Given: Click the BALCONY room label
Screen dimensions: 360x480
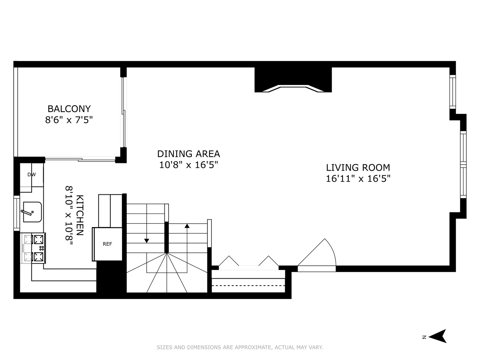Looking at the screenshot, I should (69, 109).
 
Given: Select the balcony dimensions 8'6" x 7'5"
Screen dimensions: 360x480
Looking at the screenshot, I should (69, 120).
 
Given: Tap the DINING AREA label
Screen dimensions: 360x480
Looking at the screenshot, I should (188, 154).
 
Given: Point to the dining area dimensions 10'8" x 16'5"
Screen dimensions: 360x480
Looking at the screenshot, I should (188, 165).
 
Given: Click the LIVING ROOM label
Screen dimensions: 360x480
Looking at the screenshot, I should (358, 167).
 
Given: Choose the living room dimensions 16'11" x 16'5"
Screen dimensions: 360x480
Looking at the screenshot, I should (358, 179).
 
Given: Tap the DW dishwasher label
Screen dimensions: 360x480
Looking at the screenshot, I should (31, 175).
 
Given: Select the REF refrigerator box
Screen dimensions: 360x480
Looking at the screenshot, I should (107, 244).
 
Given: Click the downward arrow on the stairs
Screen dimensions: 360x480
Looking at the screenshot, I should (147, 241).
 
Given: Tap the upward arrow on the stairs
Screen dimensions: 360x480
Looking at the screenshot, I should (187, 226).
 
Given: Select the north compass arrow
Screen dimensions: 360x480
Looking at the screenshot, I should (438, 336).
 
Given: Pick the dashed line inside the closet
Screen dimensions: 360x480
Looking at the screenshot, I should (249, 286).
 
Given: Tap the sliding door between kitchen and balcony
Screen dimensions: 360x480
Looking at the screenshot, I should (80, 160).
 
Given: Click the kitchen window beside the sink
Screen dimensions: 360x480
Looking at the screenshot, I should (16, 213).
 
